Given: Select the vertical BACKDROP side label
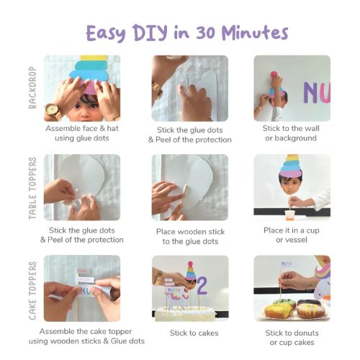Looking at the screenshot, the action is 32,88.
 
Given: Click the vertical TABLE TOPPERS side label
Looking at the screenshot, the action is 32,189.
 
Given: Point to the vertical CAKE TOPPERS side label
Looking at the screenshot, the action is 32,291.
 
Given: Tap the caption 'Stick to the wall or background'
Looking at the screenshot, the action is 291,133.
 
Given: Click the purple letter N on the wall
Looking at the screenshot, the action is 311,93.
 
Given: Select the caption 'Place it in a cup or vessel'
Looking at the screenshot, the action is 292,235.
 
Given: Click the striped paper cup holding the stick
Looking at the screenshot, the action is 290,215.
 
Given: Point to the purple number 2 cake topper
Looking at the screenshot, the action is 202,286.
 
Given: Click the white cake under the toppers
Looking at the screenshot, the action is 185,314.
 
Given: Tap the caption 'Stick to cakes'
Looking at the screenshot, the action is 194,333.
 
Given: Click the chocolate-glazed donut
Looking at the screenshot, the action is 309,302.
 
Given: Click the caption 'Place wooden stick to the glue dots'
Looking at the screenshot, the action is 190,236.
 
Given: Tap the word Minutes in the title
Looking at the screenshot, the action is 255,32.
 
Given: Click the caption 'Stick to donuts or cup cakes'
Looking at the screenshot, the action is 292,338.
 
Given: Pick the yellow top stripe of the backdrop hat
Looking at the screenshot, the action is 94,58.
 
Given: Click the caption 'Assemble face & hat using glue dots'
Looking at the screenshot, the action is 82,133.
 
